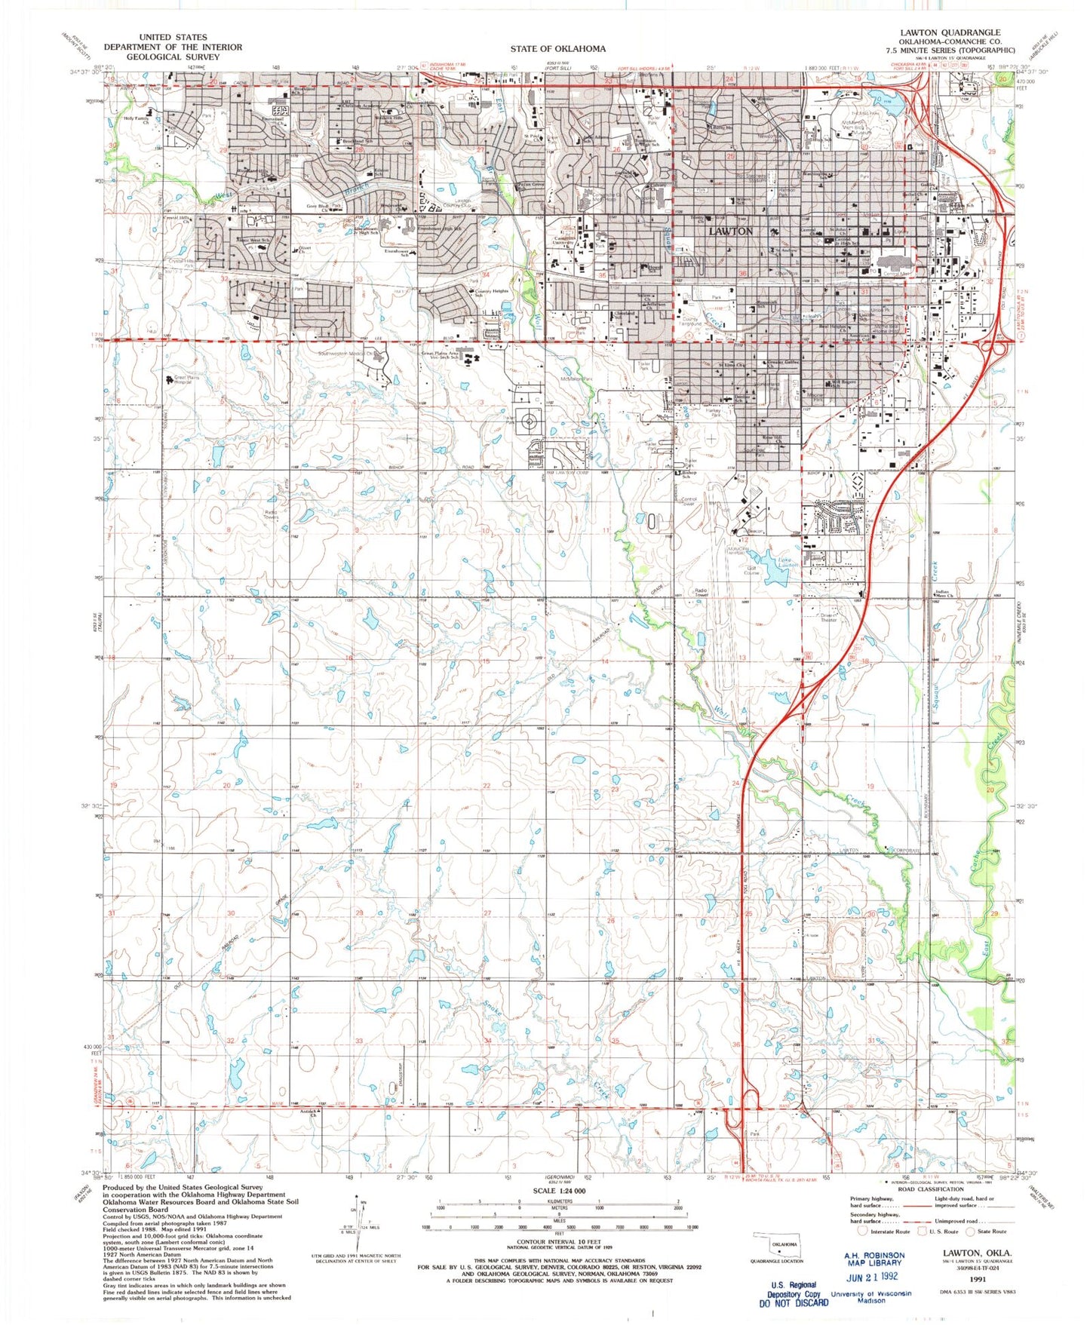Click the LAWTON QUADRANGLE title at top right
[x=950, y=32]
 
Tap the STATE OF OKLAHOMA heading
[x=557, y=49]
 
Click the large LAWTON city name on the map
[x=730, y=231]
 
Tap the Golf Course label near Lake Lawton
[x=752, y=570]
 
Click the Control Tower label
[x=689, y=500]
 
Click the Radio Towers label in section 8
[x=272, y=515]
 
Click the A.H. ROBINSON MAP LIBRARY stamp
[x=873, y=1259]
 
